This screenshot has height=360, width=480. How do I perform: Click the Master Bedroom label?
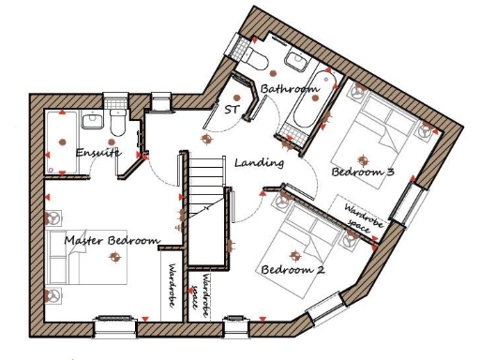click(111, 241)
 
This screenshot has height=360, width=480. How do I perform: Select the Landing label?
click(259, 163)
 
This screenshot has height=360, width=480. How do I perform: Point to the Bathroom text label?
click(290, 89)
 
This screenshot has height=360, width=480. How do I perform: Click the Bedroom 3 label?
click(362, 172)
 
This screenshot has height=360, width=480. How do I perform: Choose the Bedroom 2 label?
click(292, 270)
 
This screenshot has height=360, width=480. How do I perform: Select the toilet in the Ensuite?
click(117, 123)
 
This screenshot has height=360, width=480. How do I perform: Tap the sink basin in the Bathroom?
click(296, 62)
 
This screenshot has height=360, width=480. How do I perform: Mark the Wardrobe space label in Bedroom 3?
click(356, 217)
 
